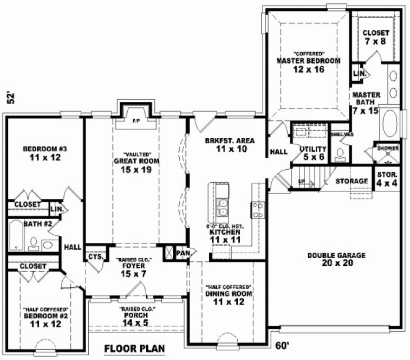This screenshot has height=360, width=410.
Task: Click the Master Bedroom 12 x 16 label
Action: tap(308, 62)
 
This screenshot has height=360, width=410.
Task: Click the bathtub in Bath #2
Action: tap(16, 236)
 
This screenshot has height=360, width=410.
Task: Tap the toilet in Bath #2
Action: tap(33, 245)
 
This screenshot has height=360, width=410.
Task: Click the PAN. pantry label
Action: tap(183, 253)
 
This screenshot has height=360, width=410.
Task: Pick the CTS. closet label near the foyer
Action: tap(95, 257)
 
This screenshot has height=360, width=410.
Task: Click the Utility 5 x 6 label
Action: tap(313, 153)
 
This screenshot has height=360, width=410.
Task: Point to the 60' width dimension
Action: tap(283, 345)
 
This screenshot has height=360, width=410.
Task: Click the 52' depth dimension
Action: tap(9, 98)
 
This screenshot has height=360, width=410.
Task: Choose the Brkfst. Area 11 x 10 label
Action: tap(226, 145)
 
